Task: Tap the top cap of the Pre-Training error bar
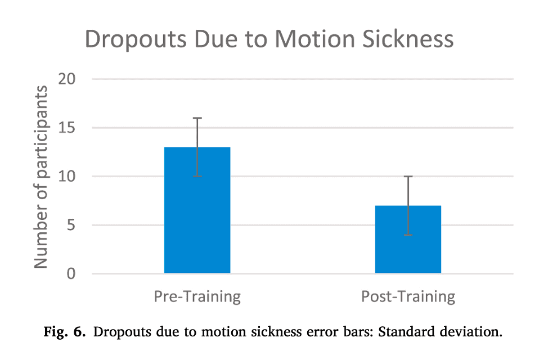(197, 118)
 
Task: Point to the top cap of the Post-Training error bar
(408, 177)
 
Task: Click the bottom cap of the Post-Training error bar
(408, 235)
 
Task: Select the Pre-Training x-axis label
(197, 296)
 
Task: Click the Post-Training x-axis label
(408, 296)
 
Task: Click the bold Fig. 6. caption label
(65, 332)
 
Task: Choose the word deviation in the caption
(468, 332)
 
